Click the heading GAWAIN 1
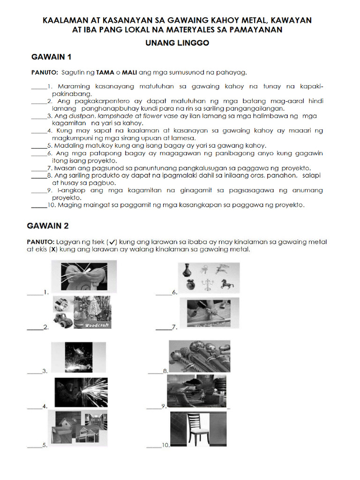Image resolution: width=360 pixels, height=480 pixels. pyautogui.click(x=51, y=57)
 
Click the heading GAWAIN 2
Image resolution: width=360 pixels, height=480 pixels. pyautogui.click(x=48, y=226)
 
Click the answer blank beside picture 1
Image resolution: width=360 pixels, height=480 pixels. pyautogui.click(x=35, y=293)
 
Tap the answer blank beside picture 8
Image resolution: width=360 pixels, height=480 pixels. pyautogui.click(x=155, y=372)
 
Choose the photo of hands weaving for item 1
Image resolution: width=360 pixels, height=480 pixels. pyautogui.click(x=89, y=277)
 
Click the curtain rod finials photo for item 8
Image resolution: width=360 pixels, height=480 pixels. pyautogui.click(x=199, y=356)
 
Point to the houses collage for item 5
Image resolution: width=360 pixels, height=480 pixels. pyautogui.click(x=81, y=427)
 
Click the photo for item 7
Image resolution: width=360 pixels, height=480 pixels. pyautogui.click(x=206, y=313)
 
